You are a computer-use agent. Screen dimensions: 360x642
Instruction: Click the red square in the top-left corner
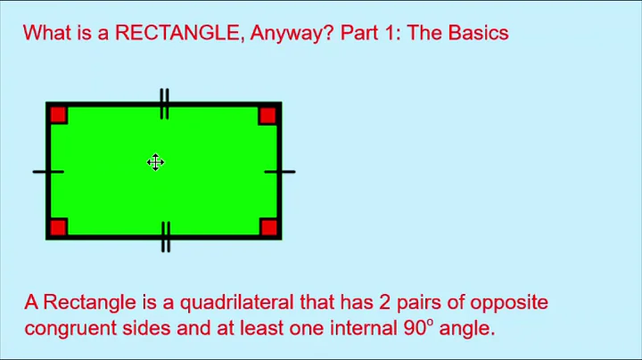(59, 115)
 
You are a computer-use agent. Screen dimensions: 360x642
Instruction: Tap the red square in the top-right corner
(267, 115)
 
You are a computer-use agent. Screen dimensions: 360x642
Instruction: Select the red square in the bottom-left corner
(59, 226)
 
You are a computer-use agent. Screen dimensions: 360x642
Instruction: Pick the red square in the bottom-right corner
(267, 226)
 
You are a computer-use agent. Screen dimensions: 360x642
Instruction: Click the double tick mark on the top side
(164, 103)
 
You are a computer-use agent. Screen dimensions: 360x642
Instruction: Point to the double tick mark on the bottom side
(165, 237)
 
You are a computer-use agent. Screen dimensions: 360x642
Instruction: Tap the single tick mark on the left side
(48, 171)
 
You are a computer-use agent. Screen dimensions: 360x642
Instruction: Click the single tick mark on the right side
(279, 171)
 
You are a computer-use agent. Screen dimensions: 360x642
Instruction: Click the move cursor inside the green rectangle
(155, 162)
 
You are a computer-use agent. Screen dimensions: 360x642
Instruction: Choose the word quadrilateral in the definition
(226, 303)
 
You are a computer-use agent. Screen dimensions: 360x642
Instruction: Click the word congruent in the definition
(66, 328)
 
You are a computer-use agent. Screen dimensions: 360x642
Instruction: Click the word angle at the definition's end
(465, 329)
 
